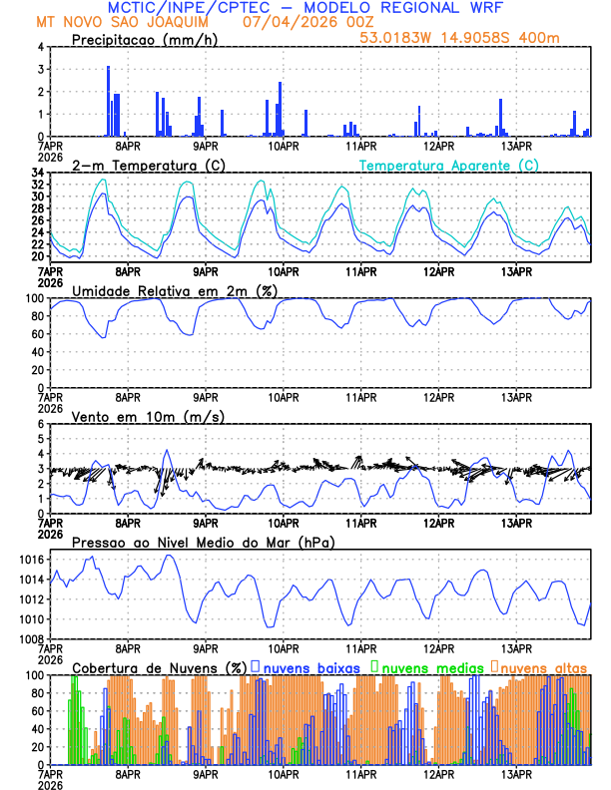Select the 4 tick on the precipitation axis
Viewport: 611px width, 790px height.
click(41, 47)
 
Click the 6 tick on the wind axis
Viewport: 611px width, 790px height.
click(41, 424)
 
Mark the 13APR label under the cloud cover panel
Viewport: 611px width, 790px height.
click(515, 774)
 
